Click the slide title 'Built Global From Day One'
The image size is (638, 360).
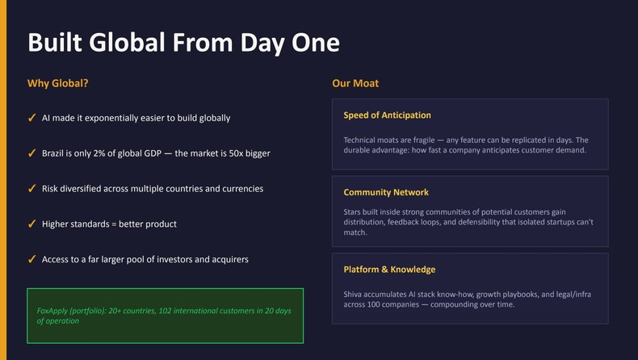click(x=183, y=42)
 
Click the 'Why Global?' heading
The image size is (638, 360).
click(x=58, y=83)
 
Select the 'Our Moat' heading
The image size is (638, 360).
click(x=355, y=83)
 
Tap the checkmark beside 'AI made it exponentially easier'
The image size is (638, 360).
click(x=31, y=118)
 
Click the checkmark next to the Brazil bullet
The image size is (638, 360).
click(x=31, y=153)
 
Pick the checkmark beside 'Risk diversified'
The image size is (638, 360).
click(x=31, y=189)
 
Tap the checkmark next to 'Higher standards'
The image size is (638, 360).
click(x=31, y=224)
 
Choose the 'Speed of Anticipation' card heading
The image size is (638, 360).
click(x=387, y=115)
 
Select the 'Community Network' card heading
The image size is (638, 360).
click(x=386, y=193)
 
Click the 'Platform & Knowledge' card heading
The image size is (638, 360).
click(x=389, y=270)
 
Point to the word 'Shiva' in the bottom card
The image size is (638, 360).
click(x=355, y=295)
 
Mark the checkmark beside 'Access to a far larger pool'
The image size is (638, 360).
click(x=31, y=260)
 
